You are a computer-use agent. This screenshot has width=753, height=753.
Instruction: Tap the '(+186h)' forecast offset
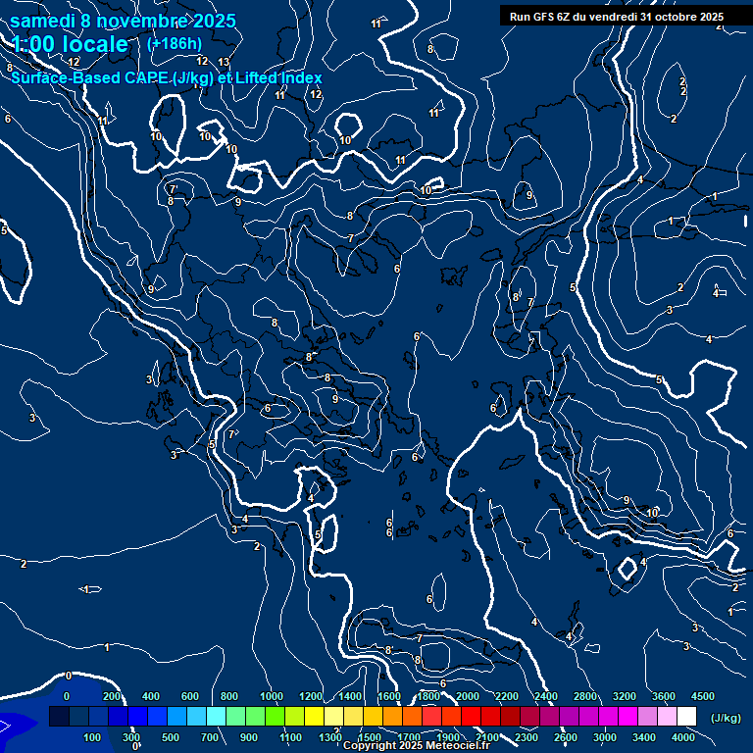pos(174,43)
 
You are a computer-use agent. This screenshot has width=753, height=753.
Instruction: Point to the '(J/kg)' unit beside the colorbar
pos(726,719)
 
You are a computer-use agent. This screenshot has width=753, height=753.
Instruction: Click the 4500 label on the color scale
pos(703,696)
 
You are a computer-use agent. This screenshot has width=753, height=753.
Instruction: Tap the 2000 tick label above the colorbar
pos(468,696)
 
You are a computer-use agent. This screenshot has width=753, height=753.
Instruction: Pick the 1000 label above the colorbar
pos(272,696)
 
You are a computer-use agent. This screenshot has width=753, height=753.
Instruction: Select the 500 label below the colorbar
pos(172,737)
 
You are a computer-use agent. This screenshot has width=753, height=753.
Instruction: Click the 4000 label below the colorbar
pos(683,737)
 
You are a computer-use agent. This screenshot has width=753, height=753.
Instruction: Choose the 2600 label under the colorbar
pos(566,737)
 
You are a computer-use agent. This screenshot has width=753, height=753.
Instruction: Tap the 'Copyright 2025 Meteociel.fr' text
pos(417,746)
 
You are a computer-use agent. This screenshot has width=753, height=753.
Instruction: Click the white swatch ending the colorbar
pos(686,717)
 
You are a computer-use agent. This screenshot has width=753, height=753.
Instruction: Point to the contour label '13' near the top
pos(224,62)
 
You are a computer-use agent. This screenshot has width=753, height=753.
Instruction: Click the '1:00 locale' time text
pos(71,44)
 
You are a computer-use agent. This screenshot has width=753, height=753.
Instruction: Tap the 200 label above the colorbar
pos(112,696)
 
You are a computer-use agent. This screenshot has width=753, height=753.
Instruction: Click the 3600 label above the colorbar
pos(664,696)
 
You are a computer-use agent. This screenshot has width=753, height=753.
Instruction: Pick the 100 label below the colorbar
pos(93,737)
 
